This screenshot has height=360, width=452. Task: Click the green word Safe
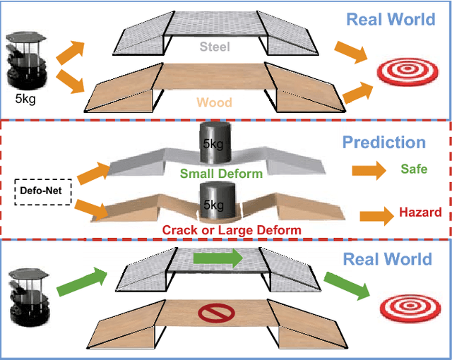point(413,169)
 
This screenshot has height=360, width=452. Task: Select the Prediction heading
point(383,143)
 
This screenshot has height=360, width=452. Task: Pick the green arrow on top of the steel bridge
point(217,260)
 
